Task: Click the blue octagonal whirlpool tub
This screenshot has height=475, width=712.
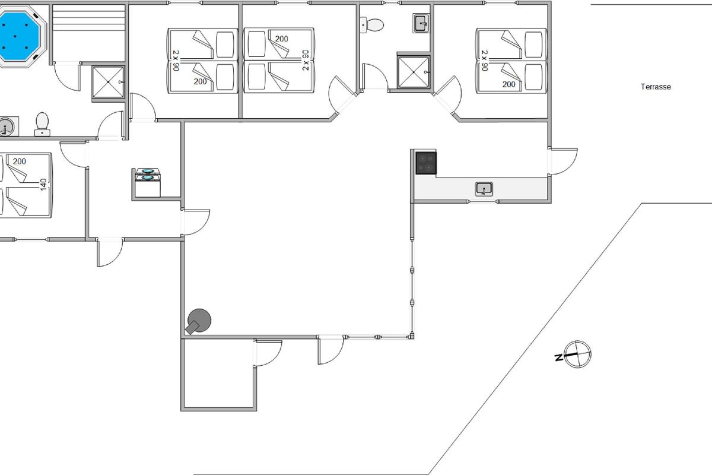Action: pyautogui.click(x=18, y=37)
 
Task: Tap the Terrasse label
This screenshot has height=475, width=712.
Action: pyautogui.click(x=656, y=87)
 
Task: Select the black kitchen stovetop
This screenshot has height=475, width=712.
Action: pyautogui.click(x=426, y=163)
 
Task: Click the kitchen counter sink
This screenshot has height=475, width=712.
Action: pyautogui.click(x=484, y=189)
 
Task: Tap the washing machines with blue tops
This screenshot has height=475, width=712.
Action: pyautogui.click(x=148, y=175)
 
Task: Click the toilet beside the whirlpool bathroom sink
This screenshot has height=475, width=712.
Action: pyautogui.click(x=42, y=123)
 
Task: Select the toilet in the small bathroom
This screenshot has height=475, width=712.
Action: pyautogui.click(x=373, y=25)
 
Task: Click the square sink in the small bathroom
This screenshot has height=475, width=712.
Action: pyautogui.click(x=421, y=24)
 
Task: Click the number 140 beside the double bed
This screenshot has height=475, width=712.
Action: pyautogui.click(x=43, y=185)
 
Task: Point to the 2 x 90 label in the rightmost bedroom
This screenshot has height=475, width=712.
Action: pyautogui.click(x=484, y=61)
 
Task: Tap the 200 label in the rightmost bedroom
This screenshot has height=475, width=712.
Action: pyautogui.click(x=508, y=85)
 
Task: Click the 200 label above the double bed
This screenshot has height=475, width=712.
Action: pyautogui.click(x=20, y=161)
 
